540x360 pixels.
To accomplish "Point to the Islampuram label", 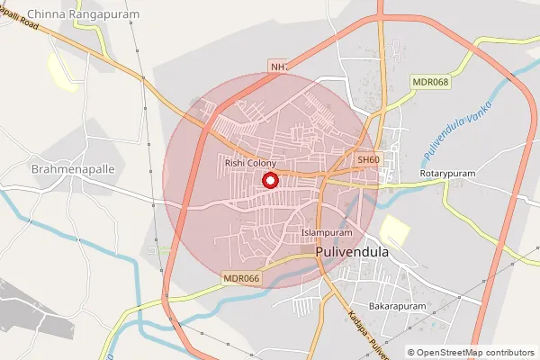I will coord(327,232).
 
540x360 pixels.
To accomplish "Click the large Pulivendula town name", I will coord(353,253).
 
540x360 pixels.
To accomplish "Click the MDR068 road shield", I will coord(430,82).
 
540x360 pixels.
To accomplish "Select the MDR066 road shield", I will coord(241,279).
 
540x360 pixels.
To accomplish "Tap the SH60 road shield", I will coord(368,160).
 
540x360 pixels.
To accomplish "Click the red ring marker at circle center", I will coord(269,181).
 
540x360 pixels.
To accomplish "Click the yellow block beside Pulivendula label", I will coord(394,230).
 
